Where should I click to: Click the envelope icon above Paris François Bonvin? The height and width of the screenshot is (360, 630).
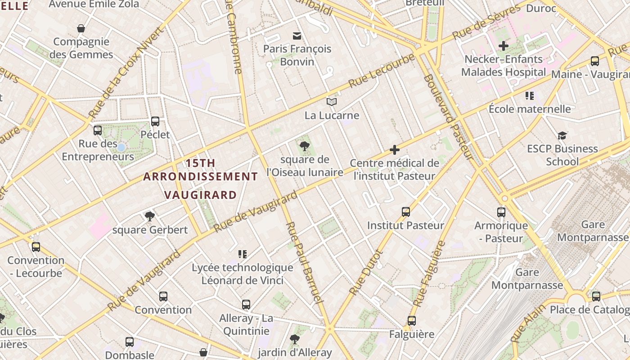297,36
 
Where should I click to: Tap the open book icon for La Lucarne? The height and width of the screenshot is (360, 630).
332,102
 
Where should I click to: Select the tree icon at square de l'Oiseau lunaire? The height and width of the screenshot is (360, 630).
305,146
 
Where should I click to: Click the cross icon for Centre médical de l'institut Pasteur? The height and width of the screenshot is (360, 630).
395,150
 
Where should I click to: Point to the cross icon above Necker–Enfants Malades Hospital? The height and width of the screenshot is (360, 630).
504,45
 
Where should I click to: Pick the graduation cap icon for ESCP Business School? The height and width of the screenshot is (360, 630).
562,135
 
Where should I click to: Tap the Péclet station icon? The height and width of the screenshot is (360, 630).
155,121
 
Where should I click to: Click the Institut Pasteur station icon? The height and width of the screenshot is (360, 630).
406,212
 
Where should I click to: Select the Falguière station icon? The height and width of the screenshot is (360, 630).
412,321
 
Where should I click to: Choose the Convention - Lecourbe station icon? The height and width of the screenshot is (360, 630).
36,247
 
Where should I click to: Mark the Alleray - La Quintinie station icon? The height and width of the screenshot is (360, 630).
246,305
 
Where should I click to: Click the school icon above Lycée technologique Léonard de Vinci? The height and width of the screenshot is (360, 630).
243,254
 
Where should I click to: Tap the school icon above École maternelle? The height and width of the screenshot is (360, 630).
530,95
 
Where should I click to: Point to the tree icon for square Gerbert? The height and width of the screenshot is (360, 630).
150,216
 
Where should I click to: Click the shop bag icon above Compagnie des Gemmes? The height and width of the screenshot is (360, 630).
81,29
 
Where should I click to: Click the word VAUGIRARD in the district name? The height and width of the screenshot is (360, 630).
200,195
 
